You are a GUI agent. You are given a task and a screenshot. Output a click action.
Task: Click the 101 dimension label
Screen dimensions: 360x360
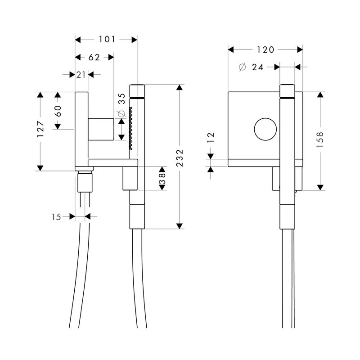[x=107, y=40]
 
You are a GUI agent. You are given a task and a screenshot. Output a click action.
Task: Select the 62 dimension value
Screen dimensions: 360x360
[x=94, y=57]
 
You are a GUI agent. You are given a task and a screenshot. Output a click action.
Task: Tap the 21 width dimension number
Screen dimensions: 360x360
[x=81, y=75]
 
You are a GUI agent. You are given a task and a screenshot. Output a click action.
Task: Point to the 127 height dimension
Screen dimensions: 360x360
[x=40, y=129]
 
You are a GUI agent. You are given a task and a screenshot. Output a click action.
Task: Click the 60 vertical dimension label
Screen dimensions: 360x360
[x=58, y=111]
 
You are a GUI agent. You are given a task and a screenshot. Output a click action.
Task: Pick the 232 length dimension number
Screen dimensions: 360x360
[x=180, y=158]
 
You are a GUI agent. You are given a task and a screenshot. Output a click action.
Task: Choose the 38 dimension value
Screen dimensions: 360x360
[x=162, y=178]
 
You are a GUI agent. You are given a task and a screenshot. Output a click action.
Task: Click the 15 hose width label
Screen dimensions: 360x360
[x=56, y=217]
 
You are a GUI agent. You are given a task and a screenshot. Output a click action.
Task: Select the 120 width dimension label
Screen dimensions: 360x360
[x=265, y=49]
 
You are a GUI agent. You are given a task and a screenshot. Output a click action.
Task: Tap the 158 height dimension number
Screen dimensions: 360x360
[x=320, y=139]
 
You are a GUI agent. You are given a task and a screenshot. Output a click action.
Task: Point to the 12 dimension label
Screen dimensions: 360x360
[x=211, y=138]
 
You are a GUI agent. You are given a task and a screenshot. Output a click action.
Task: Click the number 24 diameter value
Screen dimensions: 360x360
[x=257, y=67]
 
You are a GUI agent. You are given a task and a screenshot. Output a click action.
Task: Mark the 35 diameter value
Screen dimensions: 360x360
[x=121, y=99]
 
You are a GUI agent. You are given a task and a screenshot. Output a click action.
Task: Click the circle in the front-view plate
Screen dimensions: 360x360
[x=265, y=129]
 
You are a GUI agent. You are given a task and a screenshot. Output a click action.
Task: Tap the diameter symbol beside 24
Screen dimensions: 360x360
[x=243, y=67]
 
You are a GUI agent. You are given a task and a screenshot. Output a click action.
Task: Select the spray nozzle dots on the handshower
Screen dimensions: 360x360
[x=131, y=128]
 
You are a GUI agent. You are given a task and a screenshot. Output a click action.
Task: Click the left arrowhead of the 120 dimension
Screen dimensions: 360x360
[x=231, y=49]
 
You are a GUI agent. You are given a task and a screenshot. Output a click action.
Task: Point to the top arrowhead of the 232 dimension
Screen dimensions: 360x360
[x=180, y=87]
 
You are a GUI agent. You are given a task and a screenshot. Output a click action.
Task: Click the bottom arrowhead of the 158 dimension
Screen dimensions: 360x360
[x=320, y=188]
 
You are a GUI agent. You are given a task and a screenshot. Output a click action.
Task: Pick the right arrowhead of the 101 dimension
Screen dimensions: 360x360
[x=134, y=40]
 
